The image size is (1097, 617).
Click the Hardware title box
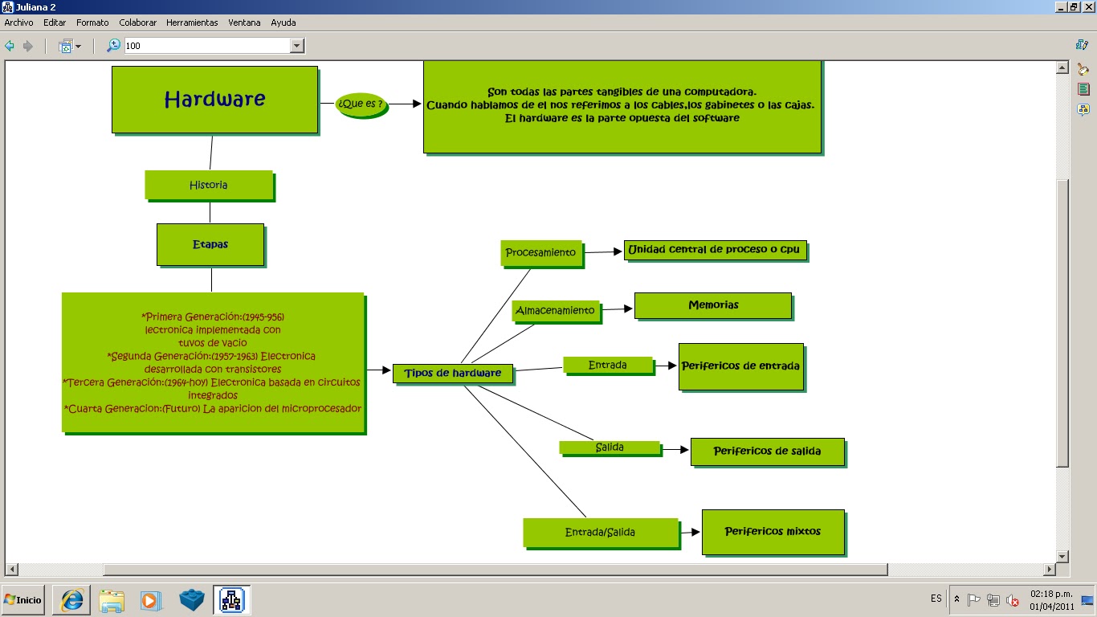coord(214,100)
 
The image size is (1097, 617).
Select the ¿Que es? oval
coord(361,104)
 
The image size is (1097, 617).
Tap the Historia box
coord(209,185)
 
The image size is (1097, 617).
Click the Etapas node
coord(210,244)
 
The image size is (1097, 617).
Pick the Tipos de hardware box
coord(452,373)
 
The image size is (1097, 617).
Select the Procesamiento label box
coord(540,252)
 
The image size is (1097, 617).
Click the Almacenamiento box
coord(555,310)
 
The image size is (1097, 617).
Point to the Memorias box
coord(713,305)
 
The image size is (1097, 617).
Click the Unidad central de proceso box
coord(715,250)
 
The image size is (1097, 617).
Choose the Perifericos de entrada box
coord(740,366)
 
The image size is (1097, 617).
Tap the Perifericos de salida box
coord(767,452)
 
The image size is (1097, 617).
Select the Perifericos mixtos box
coord(773,531)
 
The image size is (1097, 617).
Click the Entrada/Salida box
coord(601,532)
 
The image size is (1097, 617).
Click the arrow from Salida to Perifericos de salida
coord(675,451)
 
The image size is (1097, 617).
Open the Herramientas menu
coord(192,22)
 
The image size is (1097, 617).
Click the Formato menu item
coord(92,22)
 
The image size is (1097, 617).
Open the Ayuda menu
coord(283,22)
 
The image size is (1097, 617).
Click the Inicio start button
coord(22,600)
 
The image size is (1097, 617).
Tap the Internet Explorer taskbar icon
coord(73,600)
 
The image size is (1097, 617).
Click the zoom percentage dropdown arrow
coord(297,46)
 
